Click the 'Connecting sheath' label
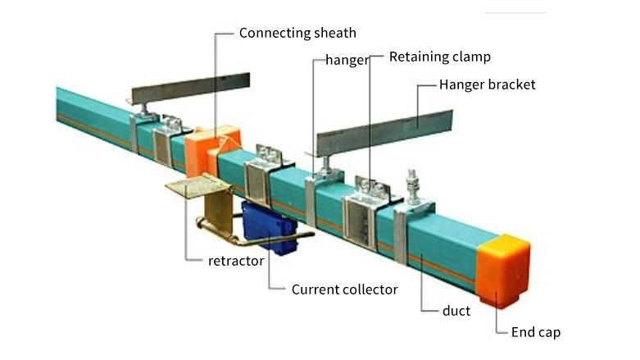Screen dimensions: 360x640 click(297, 34)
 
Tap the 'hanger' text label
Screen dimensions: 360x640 click(347, 60)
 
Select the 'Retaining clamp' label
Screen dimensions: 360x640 click(439, 57)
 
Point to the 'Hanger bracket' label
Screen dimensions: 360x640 click(487, 84)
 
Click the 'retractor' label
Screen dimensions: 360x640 click(236, 262)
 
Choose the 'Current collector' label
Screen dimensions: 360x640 click(344, 289)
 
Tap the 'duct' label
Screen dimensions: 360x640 click(456, 312)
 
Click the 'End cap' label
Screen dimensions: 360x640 click(535, 332)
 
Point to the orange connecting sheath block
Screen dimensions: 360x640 click(211, 150)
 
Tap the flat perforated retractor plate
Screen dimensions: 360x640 click(197, 188)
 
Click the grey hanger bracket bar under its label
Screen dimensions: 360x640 click(385, 132)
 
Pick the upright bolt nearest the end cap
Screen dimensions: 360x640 click(412, 187)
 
